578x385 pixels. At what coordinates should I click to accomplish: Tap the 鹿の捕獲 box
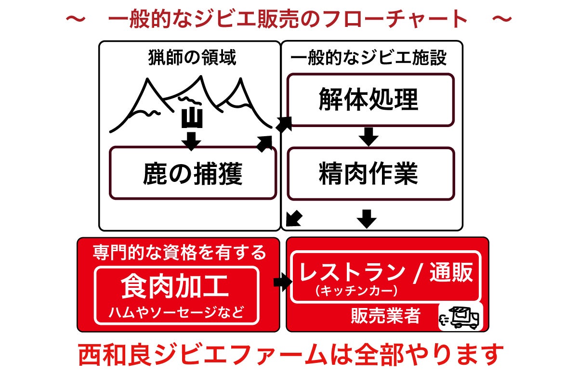tap(193, 174)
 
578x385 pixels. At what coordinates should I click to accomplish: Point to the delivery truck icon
tap(460, 318)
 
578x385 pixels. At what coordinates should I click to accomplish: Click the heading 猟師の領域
tap(192, 58)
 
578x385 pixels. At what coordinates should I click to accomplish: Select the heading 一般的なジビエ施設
tap(369, 58)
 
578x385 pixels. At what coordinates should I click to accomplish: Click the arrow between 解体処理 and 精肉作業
tap(369, 137)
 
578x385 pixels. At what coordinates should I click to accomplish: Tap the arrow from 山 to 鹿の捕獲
tap(192, 140)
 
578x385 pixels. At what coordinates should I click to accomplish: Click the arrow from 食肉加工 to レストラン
tap(282, 282)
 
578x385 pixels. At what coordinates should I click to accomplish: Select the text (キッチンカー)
tap(356, 290)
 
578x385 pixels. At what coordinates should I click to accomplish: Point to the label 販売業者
tap(385, 316)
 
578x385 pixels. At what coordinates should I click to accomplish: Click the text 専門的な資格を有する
tap(179, 252)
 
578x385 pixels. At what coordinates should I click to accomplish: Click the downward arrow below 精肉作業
tap(367, 219)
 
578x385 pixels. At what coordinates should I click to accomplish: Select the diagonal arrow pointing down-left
tap(294, 218)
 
